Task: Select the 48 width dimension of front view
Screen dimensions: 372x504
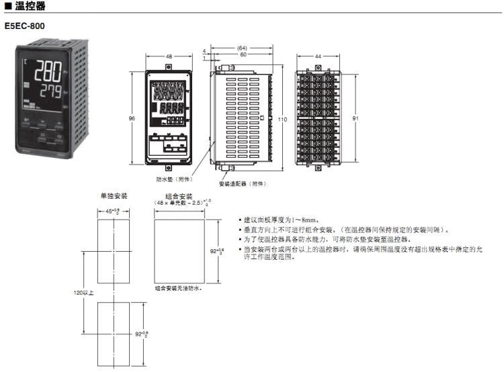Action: pos(169,57)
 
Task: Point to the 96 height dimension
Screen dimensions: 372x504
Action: pos(132,118)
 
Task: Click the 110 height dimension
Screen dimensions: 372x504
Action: pos(282,119)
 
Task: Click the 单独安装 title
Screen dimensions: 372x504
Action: pos(114,196)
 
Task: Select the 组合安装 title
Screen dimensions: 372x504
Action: pos(178,196)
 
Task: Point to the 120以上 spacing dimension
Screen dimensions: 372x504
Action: pos(84,293)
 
